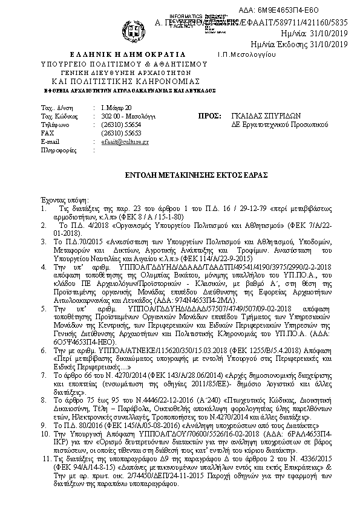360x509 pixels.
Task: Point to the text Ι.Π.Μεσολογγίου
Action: pos(247,54)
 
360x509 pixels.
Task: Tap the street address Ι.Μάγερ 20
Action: pos(116,107)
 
